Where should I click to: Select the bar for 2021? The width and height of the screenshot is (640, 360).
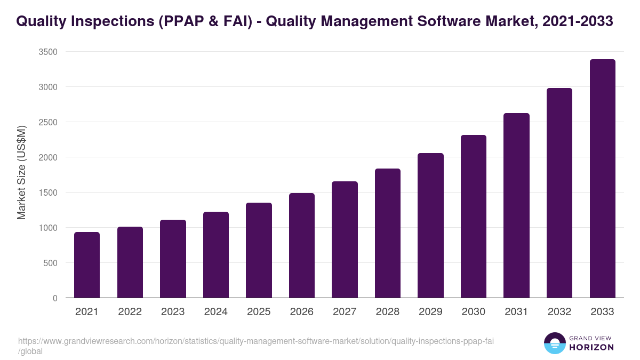pos(87,265)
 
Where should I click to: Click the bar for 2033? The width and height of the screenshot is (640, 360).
pos(602,179)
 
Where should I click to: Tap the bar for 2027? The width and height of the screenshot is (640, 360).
pos(345,239)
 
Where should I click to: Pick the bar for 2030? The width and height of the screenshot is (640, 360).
pos(474,217)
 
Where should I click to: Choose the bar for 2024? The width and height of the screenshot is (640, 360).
pos(216,255)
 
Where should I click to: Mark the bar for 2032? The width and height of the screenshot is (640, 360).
pos(559,193)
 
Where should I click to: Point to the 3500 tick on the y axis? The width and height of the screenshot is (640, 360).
pos(48,52)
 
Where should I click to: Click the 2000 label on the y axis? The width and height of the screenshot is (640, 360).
pos(48,157)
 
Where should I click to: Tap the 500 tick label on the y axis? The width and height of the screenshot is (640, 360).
pos(50,263)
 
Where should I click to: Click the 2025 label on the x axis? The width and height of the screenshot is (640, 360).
pos(259,312)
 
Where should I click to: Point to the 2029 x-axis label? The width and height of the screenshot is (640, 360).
pos(430,312)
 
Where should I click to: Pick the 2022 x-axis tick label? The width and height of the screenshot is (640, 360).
pos(130,312)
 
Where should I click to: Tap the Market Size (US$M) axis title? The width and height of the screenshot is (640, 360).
pos(21,172)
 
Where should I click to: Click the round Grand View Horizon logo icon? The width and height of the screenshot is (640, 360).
pos(555,343)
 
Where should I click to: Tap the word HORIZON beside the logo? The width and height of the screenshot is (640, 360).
pos(591,347)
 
